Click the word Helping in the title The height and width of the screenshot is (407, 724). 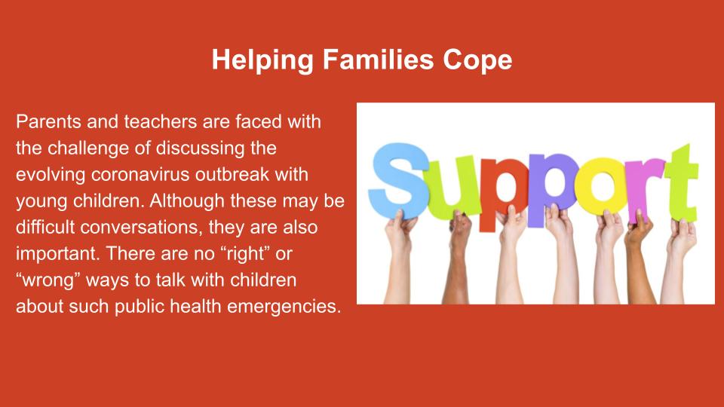[x=263, y=61]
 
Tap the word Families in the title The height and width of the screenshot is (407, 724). [x=378, y=60]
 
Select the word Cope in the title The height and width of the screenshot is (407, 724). [x=477, y=61]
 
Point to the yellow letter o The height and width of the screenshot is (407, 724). [x=602, y=185]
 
